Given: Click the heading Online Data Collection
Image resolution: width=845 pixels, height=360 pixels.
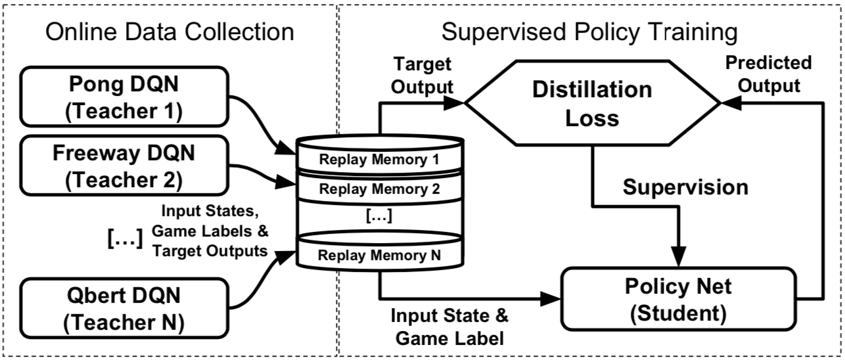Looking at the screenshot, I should click(169, 30).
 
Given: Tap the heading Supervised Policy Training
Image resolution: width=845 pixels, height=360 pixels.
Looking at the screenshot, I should click(589, 30).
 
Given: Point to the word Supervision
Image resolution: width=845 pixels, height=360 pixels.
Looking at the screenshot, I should click(685, 187).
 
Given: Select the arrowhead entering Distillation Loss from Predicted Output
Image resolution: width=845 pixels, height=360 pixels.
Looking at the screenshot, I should click(727, 103).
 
